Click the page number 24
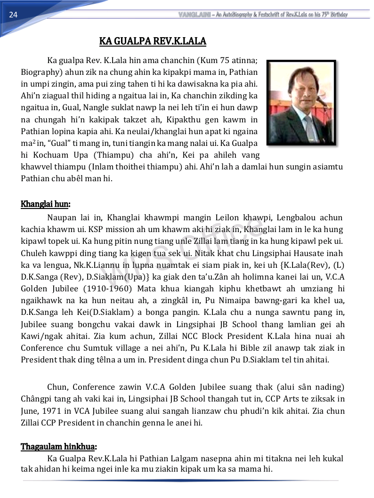click(x=13, y=15)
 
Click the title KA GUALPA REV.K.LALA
click(x=153, y=41)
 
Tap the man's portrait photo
click(x=301, y=102)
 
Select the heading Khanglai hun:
click(x=45, y=204)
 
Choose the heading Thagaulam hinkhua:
click(x=59, y=446)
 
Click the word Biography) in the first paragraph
click(x=41, y=72)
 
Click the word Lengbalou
click(x=296, y=217)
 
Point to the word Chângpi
click(x=37, y=399)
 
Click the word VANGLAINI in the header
click(x=194, y=15)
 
